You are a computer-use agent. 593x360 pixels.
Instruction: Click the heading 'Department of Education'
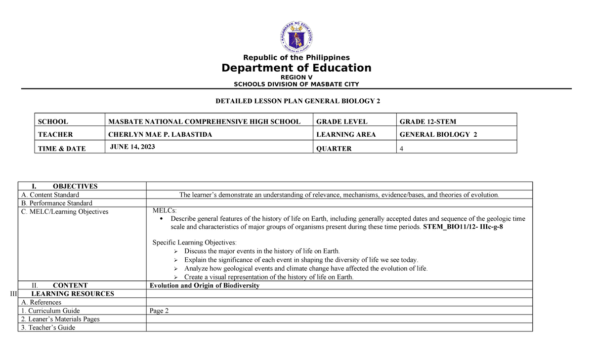pyautogui.click(x=296, y=68)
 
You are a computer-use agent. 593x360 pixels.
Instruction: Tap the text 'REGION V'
pyautogui.click(x=296, y=78)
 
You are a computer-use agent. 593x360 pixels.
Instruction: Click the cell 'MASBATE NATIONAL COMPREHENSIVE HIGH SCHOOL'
pyautogui.click(x=204, y=121)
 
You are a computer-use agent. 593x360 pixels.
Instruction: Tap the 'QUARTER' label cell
pyautogui.click(x=334, y=148)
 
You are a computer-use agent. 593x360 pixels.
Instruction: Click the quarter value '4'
pyautogui.click(x=402, y=148)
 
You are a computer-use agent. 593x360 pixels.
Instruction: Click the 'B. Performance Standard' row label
pyautogui.click(x=56, y=203)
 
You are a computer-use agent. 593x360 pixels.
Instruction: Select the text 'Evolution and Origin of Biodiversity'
pyautogui.click(x=205, y=285)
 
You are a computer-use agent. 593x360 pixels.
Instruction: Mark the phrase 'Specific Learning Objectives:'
pyautogui.click(x=194, y=242)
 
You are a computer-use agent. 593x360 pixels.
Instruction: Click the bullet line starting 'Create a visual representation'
pyautogui.click(x=269, y=277)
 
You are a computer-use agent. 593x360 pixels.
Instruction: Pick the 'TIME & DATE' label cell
pyautogui.click(x=62, y=148)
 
